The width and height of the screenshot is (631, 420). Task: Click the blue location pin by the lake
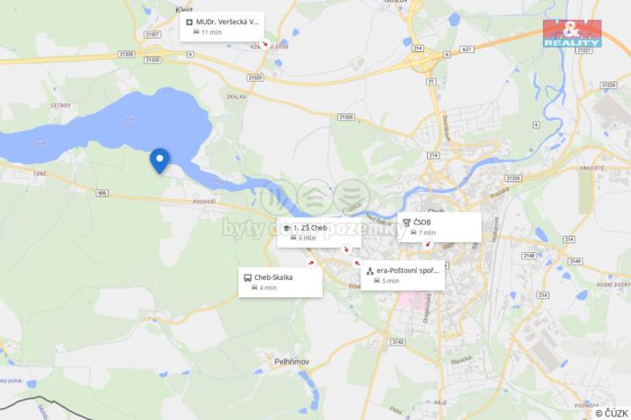click(x=159, y=160)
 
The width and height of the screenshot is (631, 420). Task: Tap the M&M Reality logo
click(x=572, y=31)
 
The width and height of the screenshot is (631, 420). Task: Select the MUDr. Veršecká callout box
click(x=222, y=26)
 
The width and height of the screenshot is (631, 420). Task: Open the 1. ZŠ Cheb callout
click(x=319, y=232)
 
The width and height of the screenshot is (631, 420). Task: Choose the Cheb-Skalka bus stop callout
click(x=280, y=282)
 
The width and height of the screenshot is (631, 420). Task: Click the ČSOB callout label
click(x=439, y=227)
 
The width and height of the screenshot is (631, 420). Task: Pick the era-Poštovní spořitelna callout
click(x=402, y=275)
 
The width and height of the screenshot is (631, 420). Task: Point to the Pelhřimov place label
click(x=292, y=361)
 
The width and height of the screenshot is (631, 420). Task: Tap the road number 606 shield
click(x=102, y=193)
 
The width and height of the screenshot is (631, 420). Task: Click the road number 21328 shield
click(x=126, y=54)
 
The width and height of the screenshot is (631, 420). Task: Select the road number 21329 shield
click(x=255, y=78)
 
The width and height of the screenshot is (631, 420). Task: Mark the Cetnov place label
click(x=35, y=105)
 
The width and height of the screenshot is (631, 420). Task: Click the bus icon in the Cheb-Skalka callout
click(x=248, y=277)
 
